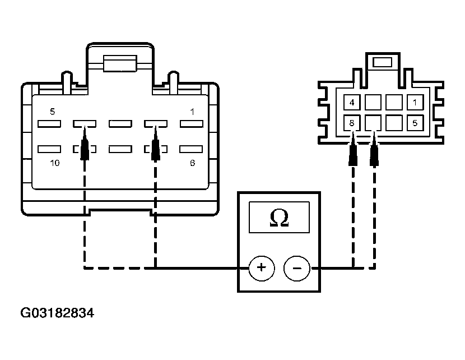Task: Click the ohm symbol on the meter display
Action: click(279, 218)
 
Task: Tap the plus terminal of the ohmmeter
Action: click(262, 268)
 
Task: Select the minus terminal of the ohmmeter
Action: click(297, 268)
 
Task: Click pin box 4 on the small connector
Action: click(352, 103)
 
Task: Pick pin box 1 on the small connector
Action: click(415, 103)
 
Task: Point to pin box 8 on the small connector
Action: click(352, 123)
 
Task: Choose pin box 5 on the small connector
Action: click(415, 123)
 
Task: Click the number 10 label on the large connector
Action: click(55, 163)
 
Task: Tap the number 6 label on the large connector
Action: click(193, 163)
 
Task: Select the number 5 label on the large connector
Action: click(53, 112)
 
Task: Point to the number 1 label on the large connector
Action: click(193, 112)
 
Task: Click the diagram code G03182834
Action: click(57, 313)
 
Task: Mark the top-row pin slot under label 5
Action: click(49, 124)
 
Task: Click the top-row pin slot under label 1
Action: click(192, 124)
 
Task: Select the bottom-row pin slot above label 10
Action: click(49, 149)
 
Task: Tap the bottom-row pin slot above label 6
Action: click(191, 149)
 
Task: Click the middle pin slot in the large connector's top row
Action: click(120, 124)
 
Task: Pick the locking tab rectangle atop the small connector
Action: click(382, 62)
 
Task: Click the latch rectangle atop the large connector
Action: click(120, 63)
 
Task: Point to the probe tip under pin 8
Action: click(352, 134)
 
